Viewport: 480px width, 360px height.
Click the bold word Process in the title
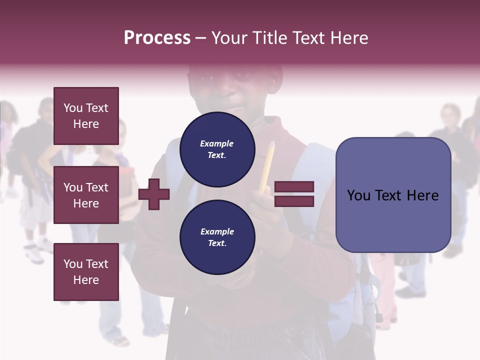tap(157, 38)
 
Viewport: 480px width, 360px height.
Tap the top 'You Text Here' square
tap(86, 116)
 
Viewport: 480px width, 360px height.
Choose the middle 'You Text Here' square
tap(86, 195)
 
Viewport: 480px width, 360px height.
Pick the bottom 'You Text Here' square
tap(86, 272)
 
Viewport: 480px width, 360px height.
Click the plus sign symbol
tap(154, 194)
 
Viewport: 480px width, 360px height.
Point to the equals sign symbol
tap(294, 194)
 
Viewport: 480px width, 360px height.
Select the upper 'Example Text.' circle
tap(217, 149)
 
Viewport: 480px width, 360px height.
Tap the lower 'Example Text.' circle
tap(217, 237)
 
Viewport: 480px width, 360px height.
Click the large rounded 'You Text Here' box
tap(393, 195)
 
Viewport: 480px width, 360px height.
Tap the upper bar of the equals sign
tap(294, 187)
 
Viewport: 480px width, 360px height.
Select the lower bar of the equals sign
tap(294, 201)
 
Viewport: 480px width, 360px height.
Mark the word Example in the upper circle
tap(217, 143)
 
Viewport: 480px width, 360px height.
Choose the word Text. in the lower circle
tap(217, 243)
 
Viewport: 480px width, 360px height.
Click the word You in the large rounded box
tap(359, 195)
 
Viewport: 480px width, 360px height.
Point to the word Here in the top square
tap(86, 124)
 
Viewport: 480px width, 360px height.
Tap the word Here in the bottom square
tap(86, 280)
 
